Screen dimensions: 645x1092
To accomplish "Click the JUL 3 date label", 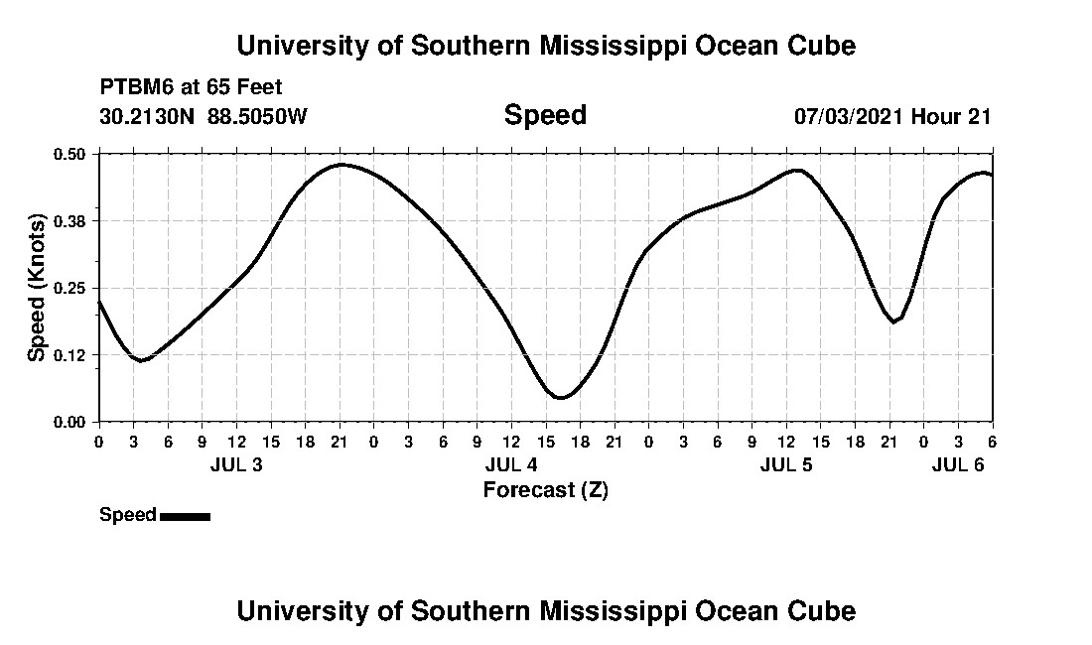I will pyautogui.click(x=236, y=465).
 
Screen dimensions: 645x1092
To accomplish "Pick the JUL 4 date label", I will pyautogui.click(x=511, y=465).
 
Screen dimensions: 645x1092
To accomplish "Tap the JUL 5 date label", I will pyautogui.click(x=786, y=465).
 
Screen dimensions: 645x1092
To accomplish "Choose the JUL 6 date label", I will pyautogui.click(x=958, y=465).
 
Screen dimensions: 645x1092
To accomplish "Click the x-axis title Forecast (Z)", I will pyautogui.click(x=545, y=490).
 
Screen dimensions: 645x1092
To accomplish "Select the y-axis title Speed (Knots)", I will pyautogui.click(x=37, y=288).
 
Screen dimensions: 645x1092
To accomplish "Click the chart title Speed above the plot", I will pyautogui.click(x=545, y=115).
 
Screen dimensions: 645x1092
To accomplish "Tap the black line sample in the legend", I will pyautogui.click(x=185, y=516).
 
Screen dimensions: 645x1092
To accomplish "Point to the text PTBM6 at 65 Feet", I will pyautogui.click(x=191, y=87).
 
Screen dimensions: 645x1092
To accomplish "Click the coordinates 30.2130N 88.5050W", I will pyautogui.click(x=204, y=117).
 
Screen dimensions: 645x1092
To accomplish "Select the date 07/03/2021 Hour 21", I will pyautogui.click(x=892, y=117).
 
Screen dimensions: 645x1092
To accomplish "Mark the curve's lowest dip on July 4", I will pyautogui.click(x=561, y=398).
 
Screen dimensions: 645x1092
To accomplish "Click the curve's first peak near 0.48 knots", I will pyautogui.click(x=341, y=165).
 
